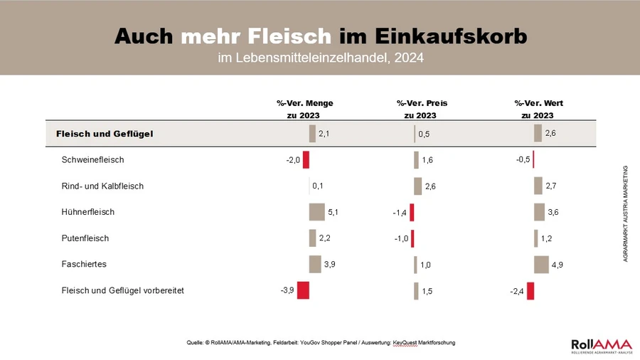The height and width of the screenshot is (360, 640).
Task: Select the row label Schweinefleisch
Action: point(93,160)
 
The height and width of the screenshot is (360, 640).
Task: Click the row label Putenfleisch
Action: point(85,238)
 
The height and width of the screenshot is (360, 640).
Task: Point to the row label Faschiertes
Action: point(84,264)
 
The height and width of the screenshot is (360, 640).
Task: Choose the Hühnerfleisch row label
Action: point(88,212)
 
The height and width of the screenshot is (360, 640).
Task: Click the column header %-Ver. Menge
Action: point(304,103)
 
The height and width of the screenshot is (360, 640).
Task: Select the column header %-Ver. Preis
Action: point(422,103)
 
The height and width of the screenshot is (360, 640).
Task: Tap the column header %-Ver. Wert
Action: point(538,103)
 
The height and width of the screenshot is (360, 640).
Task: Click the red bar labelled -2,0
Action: point(306,160)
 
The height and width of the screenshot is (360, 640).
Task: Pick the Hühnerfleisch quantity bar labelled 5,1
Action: point(316,212)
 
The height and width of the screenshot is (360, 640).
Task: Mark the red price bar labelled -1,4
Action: point(412,212)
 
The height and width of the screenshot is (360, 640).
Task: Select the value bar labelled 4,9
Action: point(541,264)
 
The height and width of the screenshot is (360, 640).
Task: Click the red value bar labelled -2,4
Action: point(530,290)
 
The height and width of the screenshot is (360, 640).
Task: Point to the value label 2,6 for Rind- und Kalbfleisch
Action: point(430,186)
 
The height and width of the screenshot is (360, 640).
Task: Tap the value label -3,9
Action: point(287,290)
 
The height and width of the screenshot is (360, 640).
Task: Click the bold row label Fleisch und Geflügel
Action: point(105,133)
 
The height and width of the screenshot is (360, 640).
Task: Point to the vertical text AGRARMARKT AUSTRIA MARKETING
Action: point(625,213)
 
